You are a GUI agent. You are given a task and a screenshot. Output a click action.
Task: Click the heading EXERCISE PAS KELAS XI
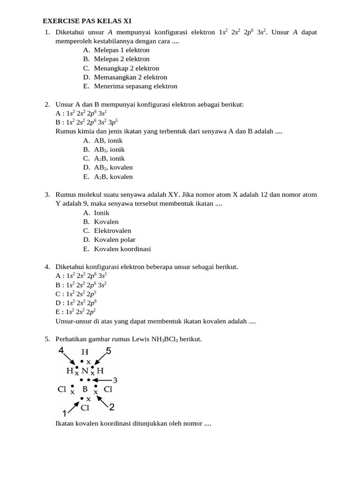coord(87,21)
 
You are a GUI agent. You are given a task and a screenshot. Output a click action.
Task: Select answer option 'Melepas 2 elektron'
coord(121,59)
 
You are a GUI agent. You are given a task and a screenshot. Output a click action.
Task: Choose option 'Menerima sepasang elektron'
coord(135,86)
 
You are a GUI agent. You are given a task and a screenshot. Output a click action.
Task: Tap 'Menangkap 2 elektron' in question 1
coord(126,68)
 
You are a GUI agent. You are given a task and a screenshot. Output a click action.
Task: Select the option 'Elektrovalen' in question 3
coord(112,231)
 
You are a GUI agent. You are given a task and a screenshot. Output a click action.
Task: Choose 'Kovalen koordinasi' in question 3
coord(122,249)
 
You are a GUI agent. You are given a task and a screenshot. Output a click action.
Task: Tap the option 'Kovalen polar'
coord(114,240)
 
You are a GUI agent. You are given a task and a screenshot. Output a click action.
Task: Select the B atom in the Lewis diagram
coord(85,389)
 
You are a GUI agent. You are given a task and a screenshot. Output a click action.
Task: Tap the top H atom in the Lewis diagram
coord(85,352)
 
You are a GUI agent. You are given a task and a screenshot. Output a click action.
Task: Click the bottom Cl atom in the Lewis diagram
coord(85,408)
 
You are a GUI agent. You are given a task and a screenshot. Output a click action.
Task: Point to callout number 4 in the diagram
coord(61,351)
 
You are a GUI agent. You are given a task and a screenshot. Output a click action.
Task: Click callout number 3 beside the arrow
coord(115,380)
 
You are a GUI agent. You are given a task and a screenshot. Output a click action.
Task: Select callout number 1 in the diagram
coord(64,413)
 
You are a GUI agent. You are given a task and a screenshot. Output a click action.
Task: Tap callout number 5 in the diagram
coord(108,351)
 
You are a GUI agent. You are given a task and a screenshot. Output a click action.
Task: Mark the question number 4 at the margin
coord(47,267)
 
